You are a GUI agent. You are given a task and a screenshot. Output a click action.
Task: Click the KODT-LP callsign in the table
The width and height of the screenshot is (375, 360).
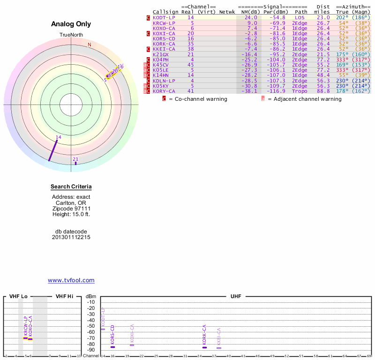[x=164, y=17]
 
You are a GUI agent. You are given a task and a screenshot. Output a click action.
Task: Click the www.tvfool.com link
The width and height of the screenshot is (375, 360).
[x=71, y=280]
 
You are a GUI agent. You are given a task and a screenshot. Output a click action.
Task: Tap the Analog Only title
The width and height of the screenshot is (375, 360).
[x=71, y=24]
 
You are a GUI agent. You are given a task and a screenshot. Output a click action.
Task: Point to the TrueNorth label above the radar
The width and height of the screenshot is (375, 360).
[x=71, y=35]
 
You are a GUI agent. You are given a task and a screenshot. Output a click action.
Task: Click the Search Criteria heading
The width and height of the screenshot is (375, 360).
[x=71, y=187]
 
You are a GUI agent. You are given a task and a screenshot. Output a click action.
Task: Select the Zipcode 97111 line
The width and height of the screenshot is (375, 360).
[x=71, y=209]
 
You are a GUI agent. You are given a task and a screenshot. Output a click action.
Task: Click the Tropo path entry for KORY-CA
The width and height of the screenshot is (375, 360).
[x=300, y=91]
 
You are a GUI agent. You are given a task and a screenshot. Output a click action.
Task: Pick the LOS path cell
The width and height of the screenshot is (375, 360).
[x=300, y=17]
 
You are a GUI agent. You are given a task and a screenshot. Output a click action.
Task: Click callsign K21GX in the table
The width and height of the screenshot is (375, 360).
[x=161, y=54]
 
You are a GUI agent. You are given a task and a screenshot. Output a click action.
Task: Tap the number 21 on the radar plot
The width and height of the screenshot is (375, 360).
[x=75, y=159]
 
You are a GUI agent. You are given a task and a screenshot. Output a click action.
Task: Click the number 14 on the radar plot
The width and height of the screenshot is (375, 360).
[x=59, y=137]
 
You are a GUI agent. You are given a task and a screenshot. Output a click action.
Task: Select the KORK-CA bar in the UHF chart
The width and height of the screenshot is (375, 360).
[x=204, y=347]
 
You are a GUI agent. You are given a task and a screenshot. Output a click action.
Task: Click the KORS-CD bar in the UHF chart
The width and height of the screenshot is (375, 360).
[x=112, y=347]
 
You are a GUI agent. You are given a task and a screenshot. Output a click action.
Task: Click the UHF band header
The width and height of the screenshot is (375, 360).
[x=235, y=297]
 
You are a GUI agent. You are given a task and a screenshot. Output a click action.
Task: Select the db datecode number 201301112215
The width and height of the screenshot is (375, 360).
[x=71, y=237]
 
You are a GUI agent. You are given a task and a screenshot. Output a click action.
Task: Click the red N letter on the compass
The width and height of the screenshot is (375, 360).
[x=90, y=45]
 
